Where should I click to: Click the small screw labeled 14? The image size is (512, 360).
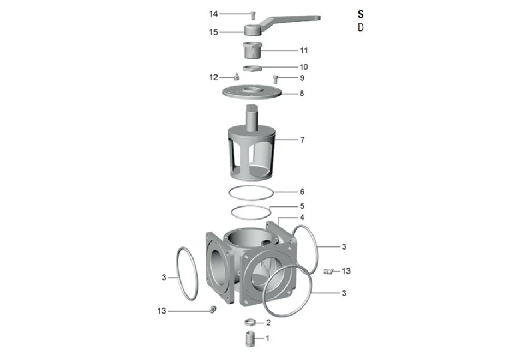(253, 16)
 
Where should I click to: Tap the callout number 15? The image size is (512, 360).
(214, 32)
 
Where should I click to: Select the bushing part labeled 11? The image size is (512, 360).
(252, 50)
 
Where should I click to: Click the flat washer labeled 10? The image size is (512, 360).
(252, 68)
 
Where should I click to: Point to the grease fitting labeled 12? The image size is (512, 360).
(236, 77)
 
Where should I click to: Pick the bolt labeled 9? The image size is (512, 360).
(276, 79)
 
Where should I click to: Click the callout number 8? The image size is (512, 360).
(302, 93)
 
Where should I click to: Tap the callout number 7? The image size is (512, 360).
(302, 140)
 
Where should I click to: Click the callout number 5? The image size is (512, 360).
(302, 206)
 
